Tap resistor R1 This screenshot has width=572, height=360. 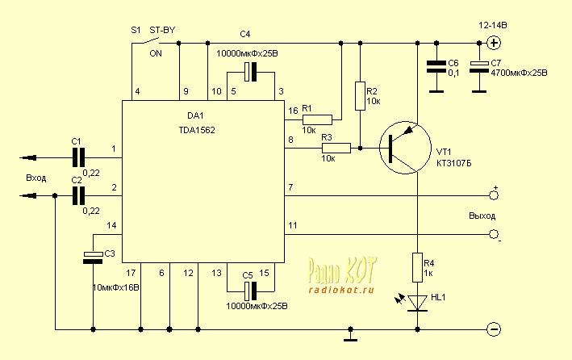click(316, 119)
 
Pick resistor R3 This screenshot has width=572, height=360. click(336, 148)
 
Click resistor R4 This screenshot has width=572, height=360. click(418, 264)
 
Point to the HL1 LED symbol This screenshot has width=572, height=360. click(417, 302)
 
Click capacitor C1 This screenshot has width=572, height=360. click(78, 156)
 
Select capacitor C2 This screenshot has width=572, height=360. click(78, 195)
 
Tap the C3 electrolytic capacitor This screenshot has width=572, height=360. click(94, 256)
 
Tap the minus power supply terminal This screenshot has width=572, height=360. click(495, 329)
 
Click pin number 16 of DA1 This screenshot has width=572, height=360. click(292, 110)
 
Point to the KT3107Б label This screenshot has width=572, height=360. click(455, 162)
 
